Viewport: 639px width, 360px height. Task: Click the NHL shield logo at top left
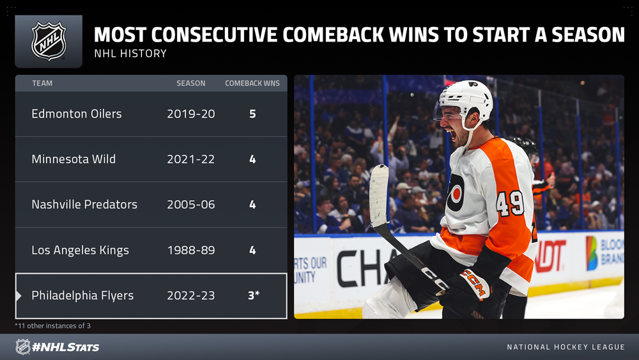49,41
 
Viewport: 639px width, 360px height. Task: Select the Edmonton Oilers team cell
77,114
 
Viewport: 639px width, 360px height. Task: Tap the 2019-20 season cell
190,114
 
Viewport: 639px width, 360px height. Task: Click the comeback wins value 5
252,114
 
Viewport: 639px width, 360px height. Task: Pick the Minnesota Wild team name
73,159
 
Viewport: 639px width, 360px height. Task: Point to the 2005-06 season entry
190,204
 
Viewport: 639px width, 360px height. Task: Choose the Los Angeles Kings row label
81,250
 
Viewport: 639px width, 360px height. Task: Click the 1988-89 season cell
190,250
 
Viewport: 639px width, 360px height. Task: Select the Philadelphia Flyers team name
82,295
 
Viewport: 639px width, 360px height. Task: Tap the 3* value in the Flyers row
254,295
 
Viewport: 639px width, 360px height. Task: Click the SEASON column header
190,83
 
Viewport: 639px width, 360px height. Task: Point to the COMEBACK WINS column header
252,83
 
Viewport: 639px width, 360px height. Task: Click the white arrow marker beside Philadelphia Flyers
19,295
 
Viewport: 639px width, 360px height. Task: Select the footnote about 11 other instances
53,325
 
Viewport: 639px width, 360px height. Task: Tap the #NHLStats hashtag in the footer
66,347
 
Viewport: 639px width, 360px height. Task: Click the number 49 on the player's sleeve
510,203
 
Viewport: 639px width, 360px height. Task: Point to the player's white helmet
466,98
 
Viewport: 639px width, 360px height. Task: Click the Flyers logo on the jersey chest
456,192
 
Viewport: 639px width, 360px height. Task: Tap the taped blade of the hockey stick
379,196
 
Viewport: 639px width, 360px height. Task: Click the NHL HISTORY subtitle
130,54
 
